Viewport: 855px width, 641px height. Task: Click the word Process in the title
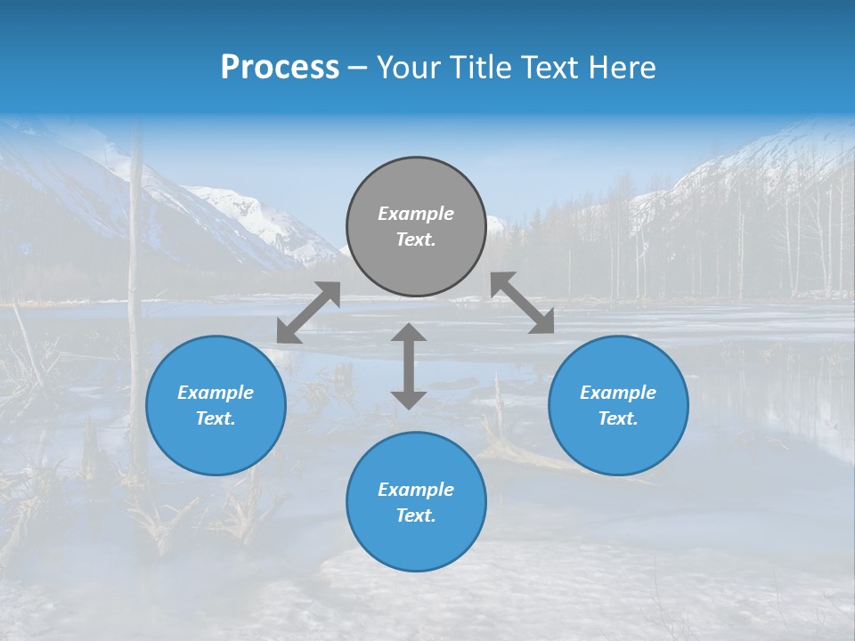tap(280, 68)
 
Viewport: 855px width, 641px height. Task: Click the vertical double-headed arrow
tap(409, 366)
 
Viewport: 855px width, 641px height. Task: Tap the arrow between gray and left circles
tap(308, 312)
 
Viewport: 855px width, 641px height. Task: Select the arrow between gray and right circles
tap(522, 303)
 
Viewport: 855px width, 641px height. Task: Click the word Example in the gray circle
tap(416, 214)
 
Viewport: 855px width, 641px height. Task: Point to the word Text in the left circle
tap(216, 418)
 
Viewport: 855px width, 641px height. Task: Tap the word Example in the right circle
tap(618, 393)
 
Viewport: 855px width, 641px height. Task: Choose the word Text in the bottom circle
tap(416, 515)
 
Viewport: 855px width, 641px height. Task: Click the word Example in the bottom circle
tap(416, 490)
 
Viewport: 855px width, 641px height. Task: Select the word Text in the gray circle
tap(416, 239)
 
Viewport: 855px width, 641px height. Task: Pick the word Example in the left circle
tap(216, 393)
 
